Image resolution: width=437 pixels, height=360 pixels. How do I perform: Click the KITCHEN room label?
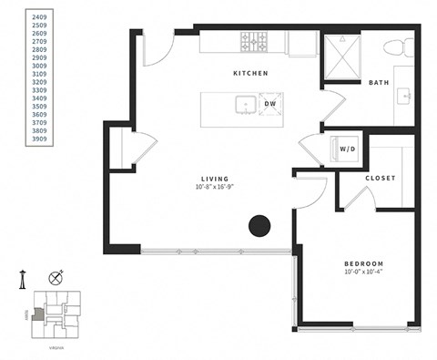click(250, 73)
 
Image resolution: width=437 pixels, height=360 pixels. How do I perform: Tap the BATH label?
click(379, 83)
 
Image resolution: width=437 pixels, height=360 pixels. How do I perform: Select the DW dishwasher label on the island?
click(270, 104)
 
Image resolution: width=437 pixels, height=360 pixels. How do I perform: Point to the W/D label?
click(348, 148)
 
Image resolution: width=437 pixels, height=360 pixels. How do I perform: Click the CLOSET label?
click(380, 178)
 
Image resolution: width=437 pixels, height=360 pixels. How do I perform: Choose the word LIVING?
click(216, 179)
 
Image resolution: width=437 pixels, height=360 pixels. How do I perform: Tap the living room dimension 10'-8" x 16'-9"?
click(216, 188)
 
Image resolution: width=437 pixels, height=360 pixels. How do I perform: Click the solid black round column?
click(260, 225)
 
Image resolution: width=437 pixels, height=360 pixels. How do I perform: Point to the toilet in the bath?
click(395, 48)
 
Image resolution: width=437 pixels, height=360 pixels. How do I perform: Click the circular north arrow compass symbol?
click(56, 277)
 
